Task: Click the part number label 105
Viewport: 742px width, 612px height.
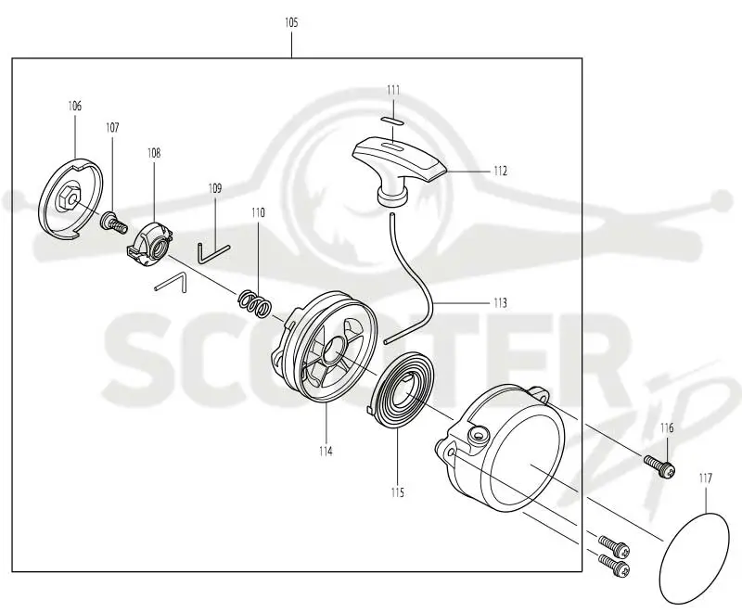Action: [x=291, y=22]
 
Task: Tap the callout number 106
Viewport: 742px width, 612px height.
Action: [x=75, y=106]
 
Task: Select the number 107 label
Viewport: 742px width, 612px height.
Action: [x=112, y=128]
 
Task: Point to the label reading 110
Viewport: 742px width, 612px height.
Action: [x=258, y=213]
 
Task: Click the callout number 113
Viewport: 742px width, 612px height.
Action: [x=500, y=302]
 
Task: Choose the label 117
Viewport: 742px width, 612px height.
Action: [x=705, y=478]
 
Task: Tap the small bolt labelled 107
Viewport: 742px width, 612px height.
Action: [x=114, y=222]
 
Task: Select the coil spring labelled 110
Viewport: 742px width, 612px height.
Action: [x=254, y=302]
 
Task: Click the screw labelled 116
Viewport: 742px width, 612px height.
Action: [x=659, y=465]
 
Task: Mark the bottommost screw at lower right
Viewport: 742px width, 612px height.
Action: [x=614, y=566]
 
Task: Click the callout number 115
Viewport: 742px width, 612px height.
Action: [x=398, y=492]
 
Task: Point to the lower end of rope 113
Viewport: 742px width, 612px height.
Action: [x=387, y=340]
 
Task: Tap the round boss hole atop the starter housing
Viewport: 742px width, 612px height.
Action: [x=479, y=434]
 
